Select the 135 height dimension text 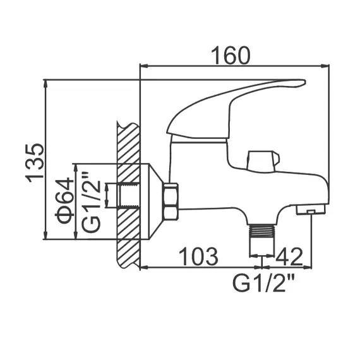pos(35,161)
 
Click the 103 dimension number pos(198,257)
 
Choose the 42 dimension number pos(290,257)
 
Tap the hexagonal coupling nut pos(171,201)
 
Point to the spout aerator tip pos(312,209)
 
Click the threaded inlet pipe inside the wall pos(130,195)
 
